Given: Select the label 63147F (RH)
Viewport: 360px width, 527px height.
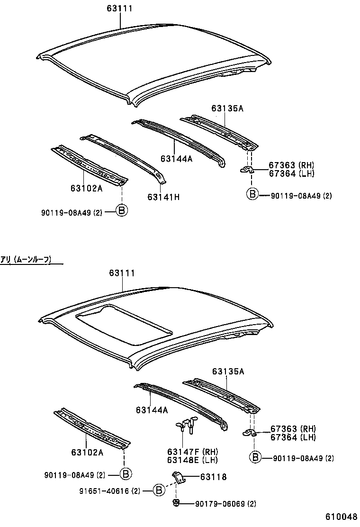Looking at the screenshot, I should pos(188,452).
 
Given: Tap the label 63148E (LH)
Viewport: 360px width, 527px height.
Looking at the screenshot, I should pos(188,460).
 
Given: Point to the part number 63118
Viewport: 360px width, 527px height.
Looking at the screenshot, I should pos(200,477).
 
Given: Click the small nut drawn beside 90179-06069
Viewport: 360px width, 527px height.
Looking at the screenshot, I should pos(176,503).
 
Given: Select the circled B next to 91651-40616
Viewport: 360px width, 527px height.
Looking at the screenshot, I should pos(160,491).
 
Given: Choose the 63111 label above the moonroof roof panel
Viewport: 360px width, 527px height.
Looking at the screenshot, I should pos(122,273).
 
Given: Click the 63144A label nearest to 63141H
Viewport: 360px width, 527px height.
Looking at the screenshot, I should pos(176,159).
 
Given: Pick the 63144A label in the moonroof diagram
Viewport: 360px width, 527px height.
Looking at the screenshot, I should pos(152,410).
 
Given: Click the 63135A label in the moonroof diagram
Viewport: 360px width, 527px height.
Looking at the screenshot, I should pos(228,372).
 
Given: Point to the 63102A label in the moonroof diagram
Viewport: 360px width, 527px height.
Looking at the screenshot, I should pos(87,452).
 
